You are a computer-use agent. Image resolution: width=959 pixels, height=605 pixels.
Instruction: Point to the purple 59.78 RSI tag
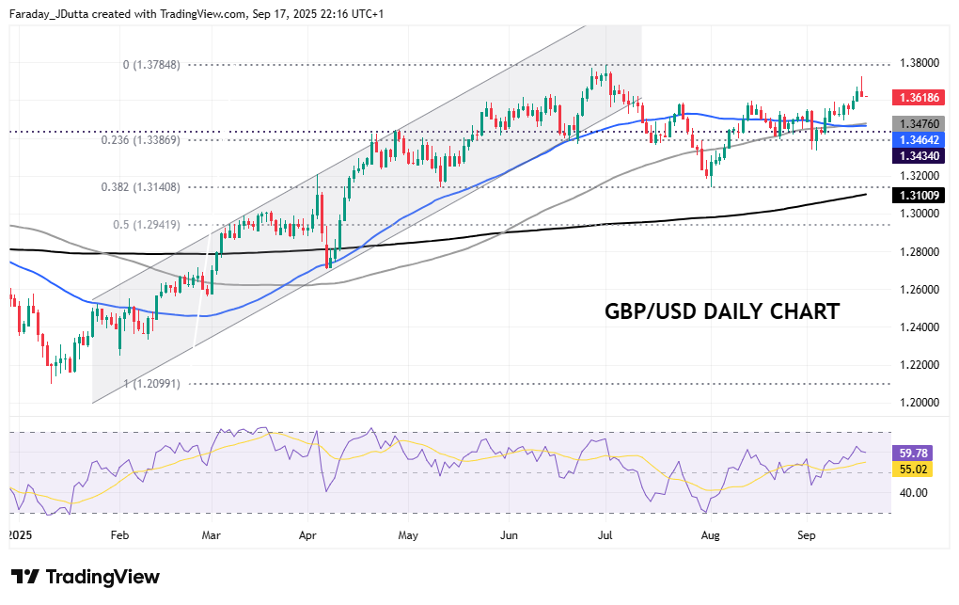[x=913, y=452]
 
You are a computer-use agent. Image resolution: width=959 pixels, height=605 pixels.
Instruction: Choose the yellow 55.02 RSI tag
[x=913, y=468]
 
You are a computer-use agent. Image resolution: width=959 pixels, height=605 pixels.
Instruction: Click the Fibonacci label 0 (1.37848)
[x=151, y=65]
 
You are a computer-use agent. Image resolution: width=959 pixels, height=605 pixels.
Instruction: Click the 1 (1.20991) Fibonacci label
[x=151, y=384]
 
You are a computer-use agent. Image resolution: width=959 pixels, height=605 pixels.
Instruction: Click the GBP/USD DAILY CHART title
[x=721, y=311]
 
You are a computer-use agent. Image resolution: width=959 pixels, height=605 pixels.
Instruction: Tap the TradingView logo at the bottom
[x=86, y=577]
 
